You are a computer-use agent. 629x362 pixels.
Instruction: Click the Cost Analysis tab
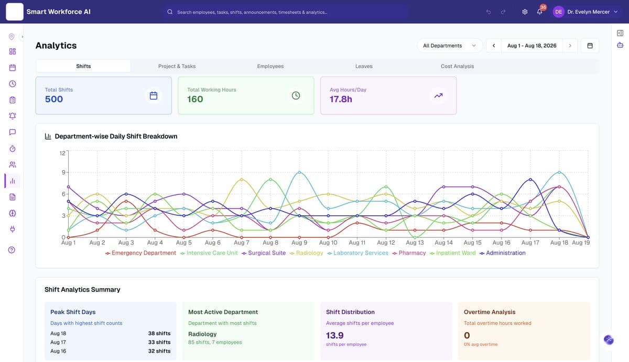457,66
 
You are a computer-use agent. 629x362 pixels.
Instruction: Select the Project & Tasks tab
177,66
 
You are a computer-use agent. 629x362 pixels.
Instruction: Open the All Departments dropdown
449,46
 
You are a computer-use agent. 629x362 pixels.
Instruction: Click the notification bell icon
539,12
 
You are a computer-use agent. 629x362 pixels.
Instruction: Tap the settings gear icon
525,12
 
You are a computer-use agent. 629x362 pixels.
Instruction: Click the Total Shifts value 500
54,99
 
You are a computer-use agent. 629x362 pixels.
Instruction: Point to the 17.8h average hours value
341,99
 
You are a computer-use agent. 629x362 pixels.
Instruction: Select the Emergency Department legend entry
140,253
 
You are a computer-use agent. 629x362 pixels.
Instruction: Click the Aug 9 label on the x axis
299,243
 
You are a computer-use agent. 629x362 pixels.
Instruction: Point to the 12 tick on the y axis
62,153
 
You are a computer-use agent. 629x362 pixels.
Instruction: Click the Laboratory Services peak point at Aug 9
299,172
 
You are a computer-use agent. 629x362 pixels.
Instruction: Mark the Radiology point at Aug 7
242,180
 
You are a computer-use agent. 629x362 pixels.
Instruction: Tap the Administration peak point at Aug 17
530,180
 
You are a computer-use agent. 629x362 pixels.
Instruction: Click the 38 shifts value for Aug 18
159,333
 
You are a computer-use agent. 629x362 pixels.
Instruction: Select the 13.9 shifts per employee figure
335,335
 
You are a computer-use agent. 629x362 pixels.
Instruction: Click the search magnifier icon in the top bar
170,12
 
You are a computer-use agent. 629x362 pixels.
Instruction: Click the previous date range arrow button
494,46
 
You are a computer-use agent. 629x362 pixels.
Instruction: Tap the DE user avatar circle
559,12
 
